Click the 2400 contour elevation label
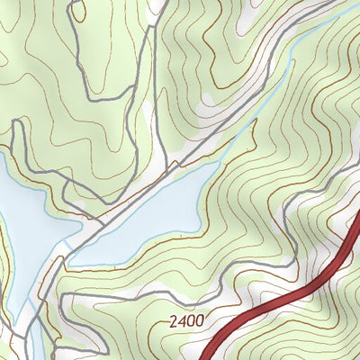pos(186,320)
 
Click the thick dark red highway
pos(288,296)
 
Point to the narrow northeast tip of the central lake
pos(225,162)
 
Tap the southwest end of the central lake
pos(76,261)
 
